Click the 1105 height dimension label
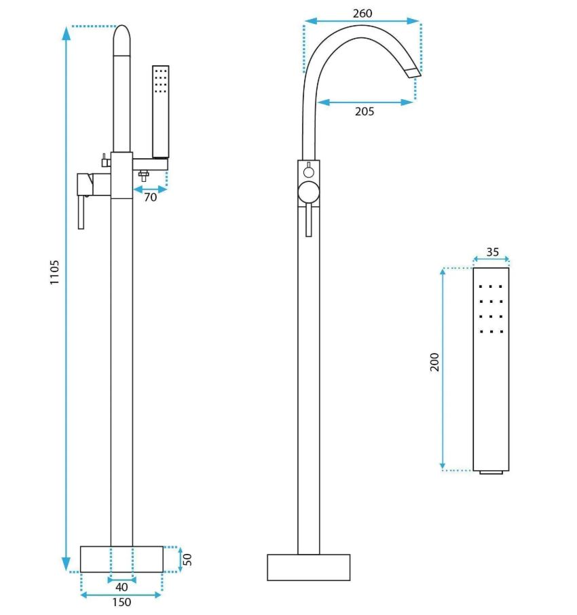[54, 272]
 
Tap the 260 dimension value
[362, 14]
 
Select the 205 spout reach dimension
[365, 111]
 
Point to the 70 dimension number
[151, 197]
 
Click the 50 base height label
[187, 559]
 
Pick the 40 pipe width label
[122, 586]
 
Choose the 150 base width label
[122, 601]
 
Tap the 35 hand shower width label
[493, 252]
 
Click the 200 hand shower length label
[434, 362]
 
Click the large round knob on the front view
[309, 193]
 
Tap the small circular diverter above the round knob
[309, 172]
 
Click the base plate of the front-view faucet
[309, 567]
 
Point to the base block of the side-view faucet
[122, 559]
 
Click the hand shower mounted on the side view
[160, 112]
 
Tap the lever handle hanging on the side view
[81, 212]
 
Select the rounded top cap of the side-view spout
[122, 41]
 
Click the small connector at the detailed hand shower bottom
[491, 472]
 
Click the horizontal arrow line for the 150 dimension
[122, 595]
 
